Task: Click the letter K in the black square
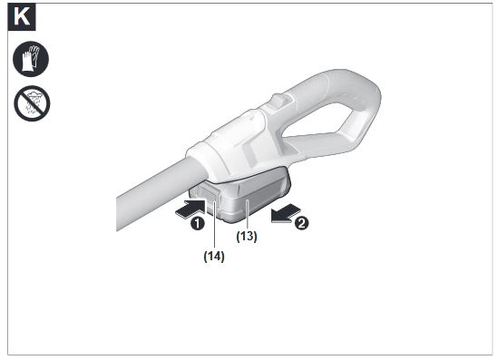click(24, 17)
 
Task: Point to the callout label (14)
click(213, 257)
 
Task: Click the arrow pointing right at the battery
click(189, 210)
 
